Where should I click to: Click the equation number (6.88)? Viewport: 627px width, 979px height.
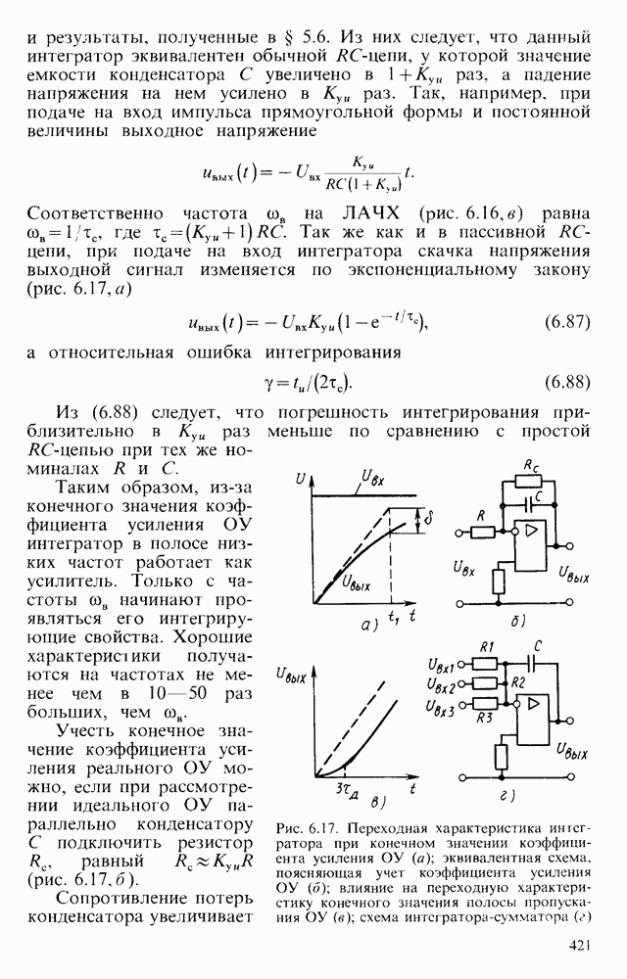point(565,381)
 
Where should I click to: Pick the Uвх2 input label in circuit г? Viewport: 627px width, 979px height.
point(446,681)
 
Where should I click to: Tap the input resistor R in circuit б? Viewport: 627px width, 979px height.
point(481,532)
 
